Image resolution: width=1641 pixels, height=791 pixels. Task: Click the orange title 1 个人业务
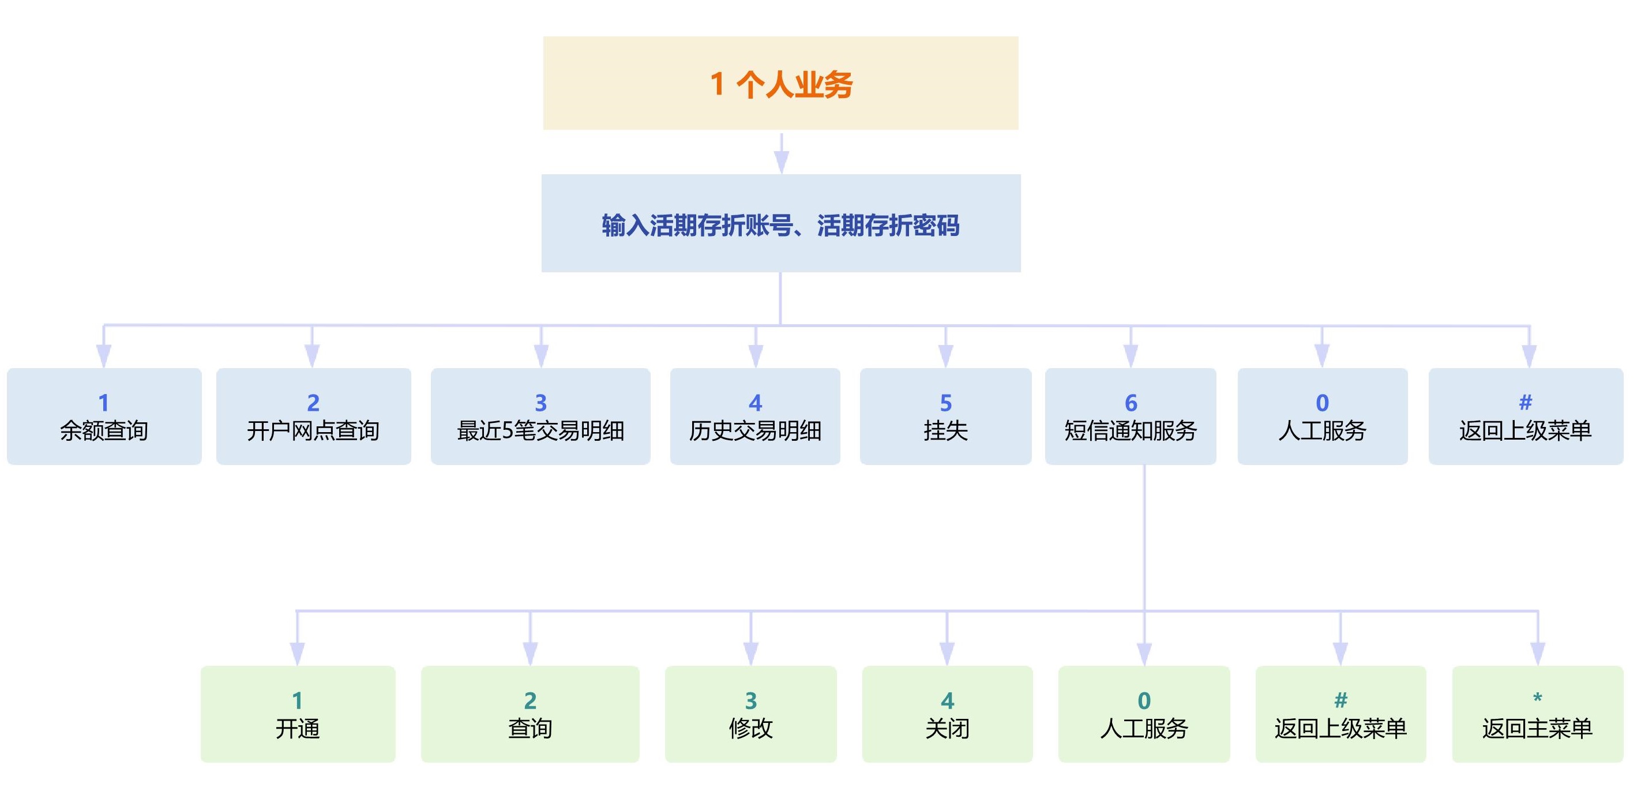point(780,84)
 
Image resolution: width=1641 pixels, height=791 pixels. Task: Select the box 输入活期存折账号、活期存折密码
point(780,224)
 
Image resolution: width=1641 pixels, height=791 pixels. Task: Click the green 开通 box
point(298,714)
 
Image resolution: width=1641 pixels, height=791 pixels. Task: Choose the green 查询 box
point(530,714)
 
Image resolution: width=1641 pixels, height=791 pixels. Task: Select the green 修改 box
point(750,714)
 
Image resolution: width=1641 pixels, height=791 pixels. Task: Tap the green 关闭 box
point(947,714)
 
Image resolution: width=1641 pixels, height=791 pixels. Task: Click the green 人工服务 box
point(1144,714)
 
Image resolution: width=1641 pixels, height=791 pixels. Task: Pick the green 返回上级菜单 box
point(1340,714)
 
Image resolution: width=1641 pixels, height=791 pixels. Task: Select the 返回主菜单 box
point(1537,714)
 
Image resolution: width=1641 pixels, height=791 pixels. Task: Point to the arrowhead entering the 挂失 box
point(946,355)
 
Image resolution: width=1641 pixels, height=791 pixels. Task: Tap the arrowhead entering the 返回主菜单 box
point(1538,653)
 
